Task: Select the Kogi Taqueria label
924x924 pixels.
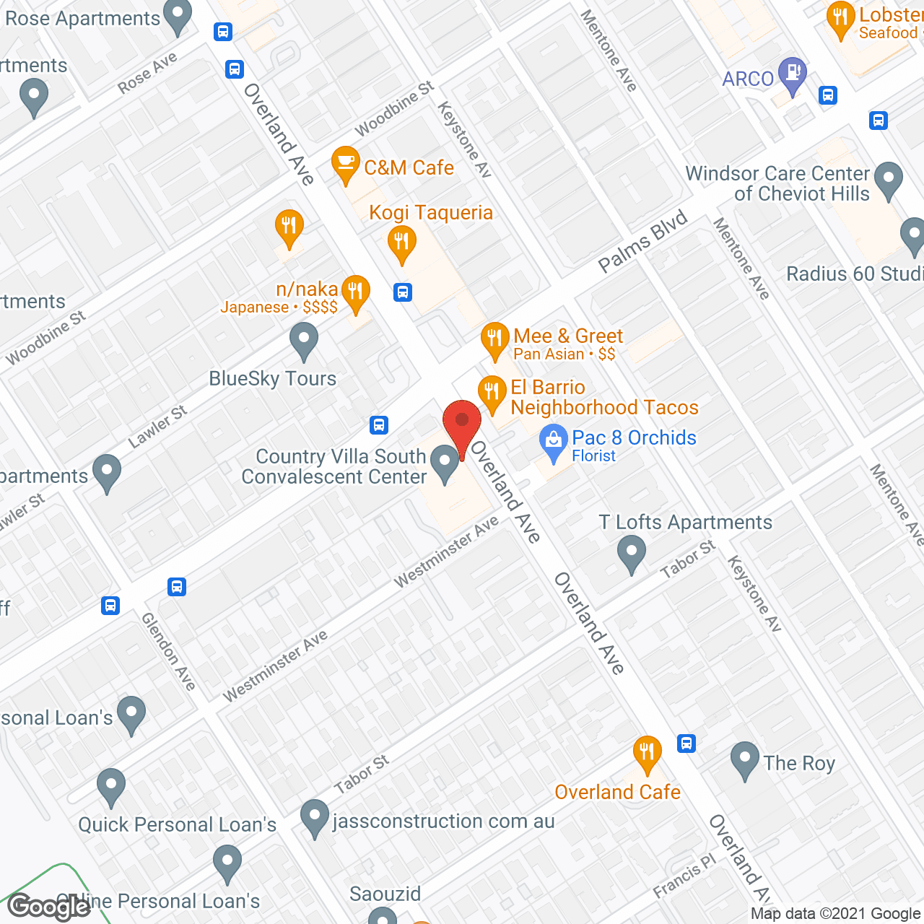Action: pos(431,213)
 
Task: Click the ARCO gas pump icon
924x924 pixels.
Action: pos(793,74)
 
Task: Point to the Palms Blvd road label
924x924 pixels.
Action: pos(643,243)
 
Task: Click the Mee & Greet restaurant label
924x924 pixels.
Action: pos(568,336)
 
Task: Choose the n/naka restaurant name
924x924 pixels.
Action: pos(307,289)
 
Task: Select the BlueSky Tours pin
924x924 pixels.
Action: pos(304,341)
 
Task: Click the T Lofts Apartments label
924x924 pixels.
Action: pos(686,523)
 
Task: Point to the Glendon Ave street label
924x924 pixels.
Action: pos(168,651)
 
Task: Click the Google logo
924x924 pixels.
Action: pos(49,907)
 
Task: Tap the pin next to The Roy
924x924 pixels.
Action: pos(744,760)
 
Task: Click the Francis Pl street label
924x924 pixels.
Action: pos(684,876)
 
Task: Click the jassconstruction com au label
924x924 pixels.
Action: pos(443,821)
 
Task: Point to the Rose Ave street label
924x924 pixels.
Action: pos(148,74)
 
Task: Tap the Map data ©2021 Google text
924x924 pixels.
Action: pos(835,914)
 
